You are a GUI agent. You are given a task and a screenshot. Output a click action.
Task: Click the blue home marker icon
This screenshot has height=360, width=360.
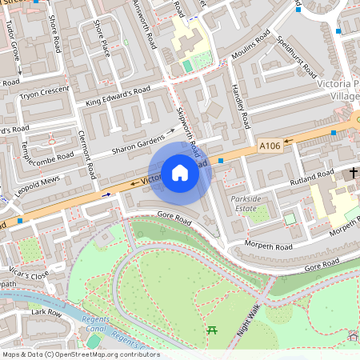pos(180,172)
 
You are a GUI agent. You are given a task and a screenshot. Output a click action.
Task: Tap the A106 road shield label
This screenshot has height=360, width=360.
pos(270,146)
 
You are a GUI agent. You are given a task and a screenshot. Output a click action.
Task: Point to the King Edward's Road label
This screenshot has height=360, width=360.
pos(118,97)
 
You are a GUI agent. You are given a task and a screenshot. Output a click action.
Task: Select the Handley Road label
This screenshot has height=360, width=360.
pos(241,106)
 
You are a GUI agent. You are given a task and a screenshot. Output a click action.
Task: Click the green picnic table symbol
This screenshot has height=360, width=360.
pos(212,329)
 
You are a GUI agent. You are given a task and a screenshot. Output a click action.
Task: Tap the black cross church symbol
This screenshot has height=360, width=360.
pos(353,174)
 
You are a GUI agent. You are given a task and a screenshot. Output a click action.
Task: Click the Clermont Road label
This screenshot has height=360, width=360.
pos(88,154)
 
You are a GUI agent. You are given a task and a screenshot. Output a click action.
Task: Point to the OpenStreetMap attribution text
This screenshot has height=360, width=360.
pos(80,354)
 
